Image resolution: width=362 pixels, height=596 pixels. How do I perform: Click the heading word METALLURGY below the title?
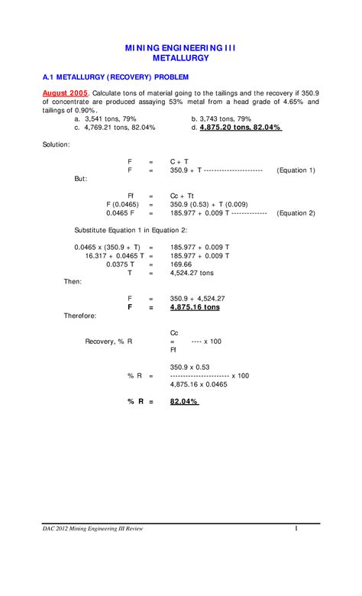coord(181,57)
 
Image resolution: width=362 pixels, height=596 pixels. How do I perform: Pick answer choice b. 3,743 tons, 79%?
coord(221,118)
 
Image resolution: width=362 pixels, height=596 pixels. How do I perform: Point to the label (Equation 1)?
coord(296,170)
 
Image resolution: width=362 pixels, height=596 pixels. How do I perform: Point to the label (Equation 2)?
coord(296,213)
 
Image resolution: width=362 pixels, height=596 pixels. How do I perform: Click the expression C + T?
coord(179,161)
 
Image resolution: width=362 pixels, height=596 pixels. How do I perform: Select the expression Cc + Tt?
coord(182,196)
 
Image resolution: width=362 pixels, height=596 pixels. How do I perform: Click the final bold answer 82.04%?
coord(184,401)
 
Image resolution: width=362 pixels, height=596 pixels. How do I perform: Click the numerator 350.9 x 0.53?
coord(190,368)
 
